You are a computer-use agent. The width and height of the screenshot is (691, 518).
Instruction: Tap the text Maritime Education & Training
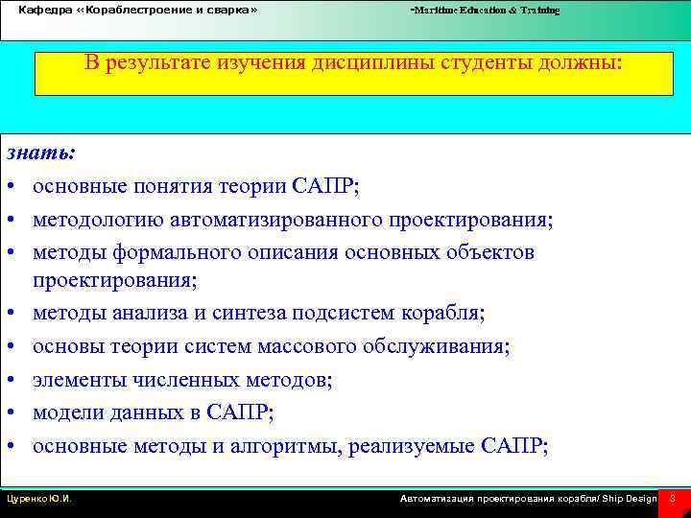pyautogui.click(x=485, y=10)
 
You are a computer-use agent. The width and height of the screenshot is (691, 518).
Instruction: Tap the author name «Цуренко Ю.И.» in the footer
pyautogui.click(x=39, y=499)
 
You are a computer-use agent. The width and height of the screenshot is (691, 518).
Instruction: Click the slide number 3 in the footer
pyautogui.click(x=672, y=499)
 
